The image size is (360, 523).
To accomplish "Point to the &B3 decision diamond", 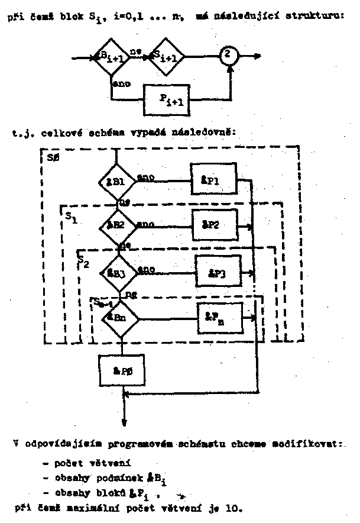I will coord(119,273).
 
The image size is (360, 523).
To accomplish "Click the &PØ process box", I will coord(122,370).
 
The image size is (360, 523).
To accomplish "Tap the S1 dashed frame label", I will coord(70,217).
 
